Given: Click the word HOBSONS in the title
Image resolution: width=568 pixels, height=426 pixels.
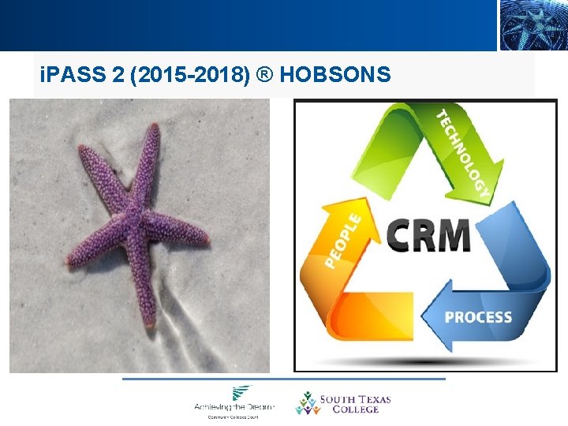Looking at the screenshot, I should [x=335, y=75].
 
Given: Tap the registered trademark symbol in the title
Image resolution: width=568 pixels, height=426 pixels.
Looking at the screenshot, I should [x=266, y=75].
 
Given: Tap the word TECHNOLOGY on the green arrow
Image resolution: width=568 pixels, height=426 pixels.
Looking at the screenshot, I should [x=465, y=151].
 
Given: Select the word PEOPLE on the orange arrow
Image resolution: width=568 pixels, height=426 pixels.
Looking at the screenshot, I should [x=343, y=239].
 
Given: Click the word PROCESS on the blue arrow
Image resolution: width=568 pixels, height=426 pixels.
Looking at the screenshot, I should [x=478, y=317].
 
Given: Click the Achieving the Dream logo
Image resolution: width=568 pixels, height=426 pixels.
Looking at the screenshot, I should [x=234, y=401].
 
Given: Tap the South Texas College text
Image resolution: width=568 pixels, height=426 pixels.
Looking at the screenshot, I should [x=354, y=404].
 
